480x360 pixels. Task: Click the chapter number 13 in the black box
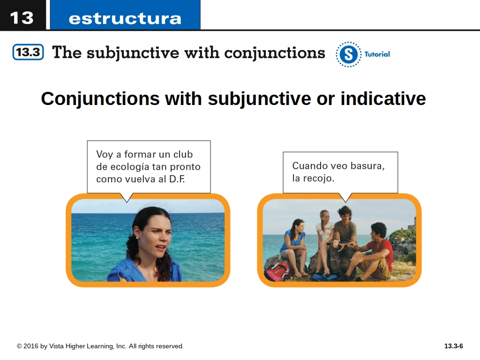(x=22, y=18)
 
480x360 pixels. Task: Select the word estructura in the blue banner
(x=125, y=19)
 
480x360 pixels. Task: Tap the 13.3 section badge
(x=28, y=52)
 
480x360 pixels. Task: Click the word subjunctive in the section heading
(x=133, y=52)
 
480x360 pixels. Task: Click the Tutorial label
(x=377, y=54)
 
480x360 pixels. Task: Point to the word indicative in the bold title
(x=383, y=98)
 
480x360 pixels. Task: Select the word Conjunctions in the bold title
(x=100, y=99)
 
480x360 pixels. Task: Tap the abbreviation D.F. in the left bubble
(x=177, y=179)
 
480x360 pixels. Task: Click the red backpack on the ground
(x=277, y=270)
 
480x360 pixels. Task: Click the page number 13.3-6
(x=454, y=346)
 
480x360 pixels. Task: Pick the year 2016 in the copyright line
(x=30, y=346)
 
